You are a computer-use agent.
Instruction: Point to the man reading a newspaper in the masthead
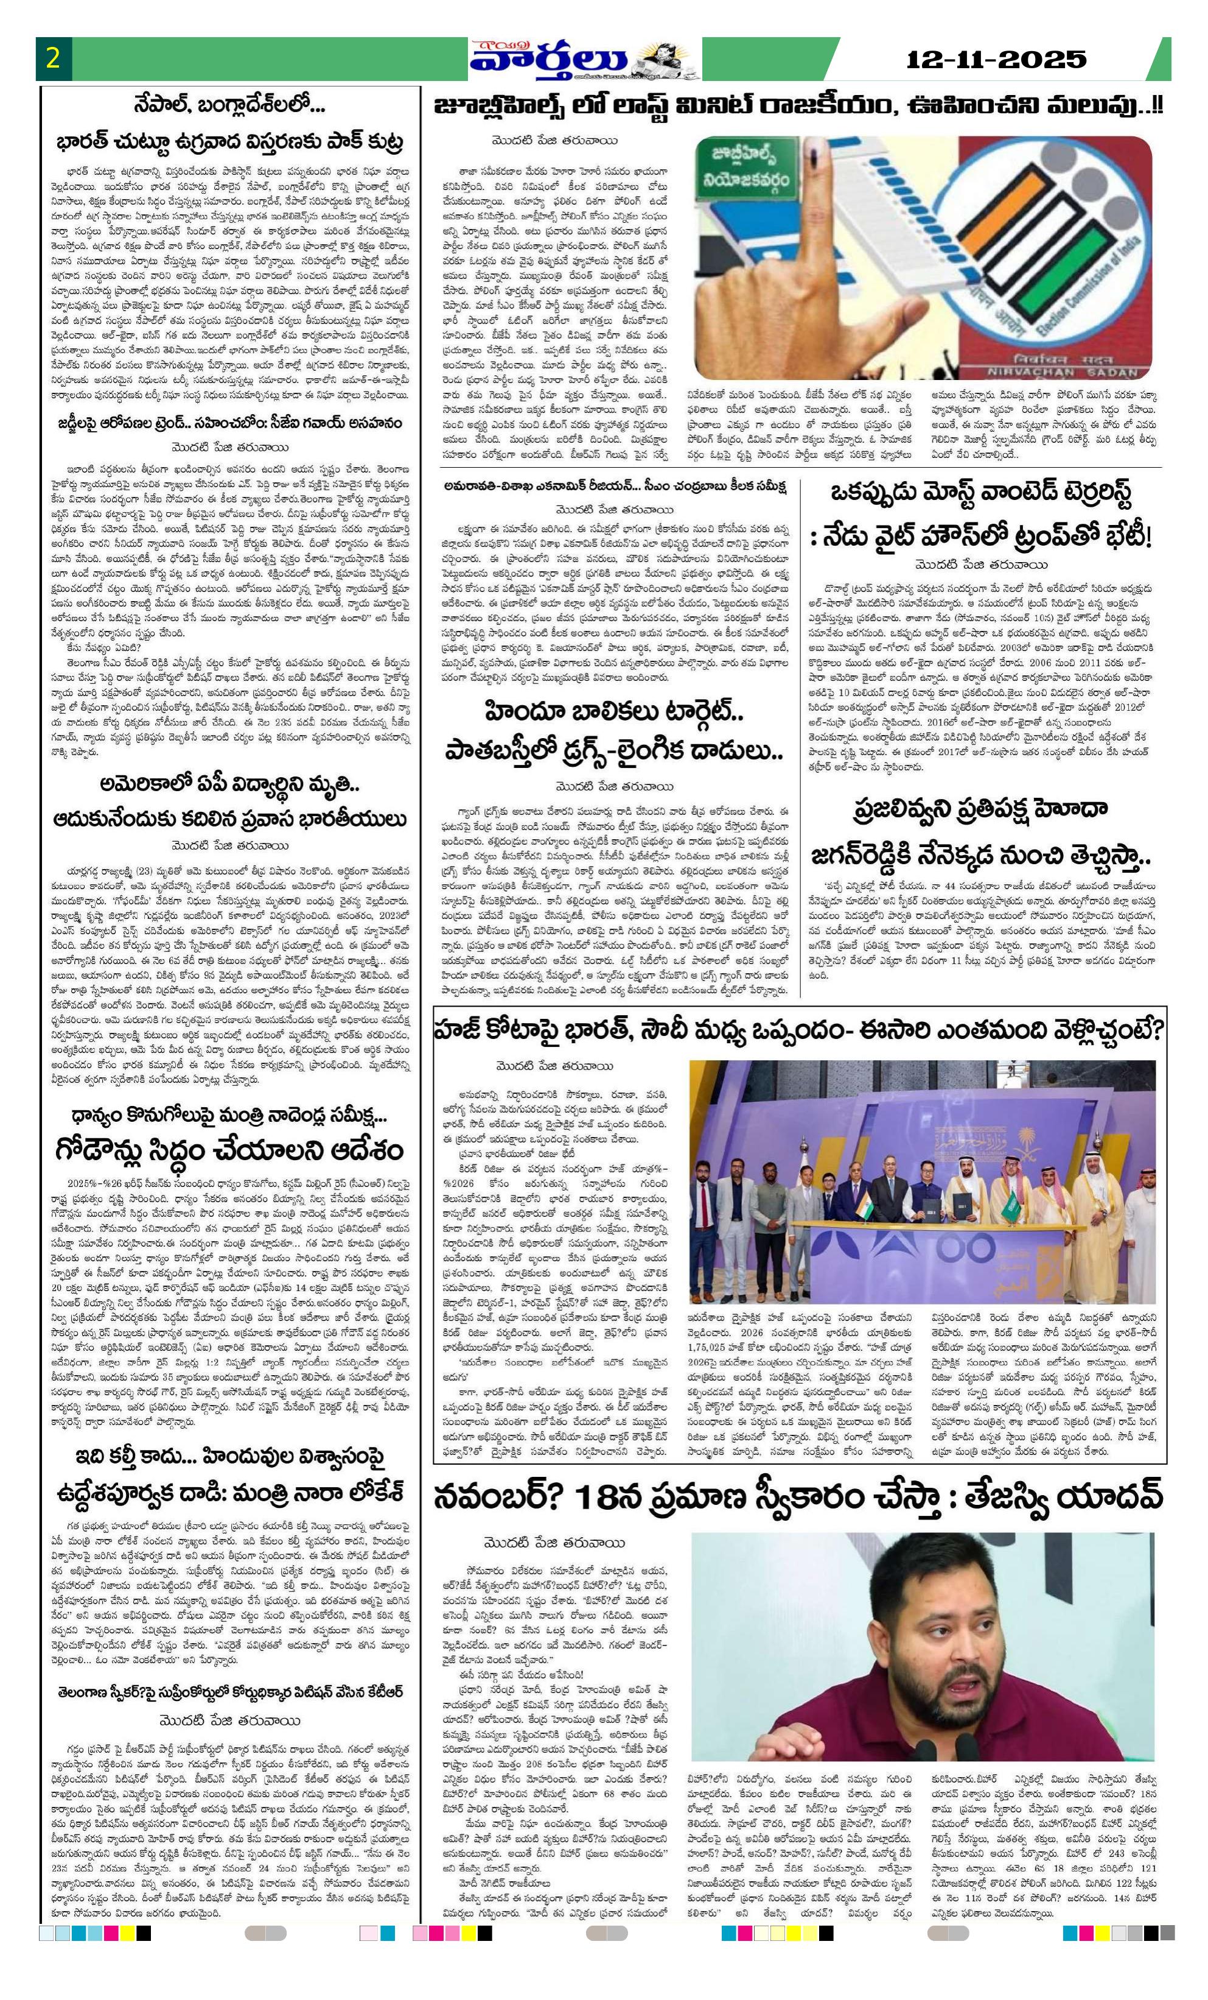pos(669,62)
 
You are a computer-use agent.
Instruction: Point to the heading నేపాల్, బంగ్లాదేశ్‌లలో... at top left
pos(231,104)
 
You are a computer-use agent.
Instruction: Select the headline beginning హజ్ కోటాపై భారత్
pos(799,1032)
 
